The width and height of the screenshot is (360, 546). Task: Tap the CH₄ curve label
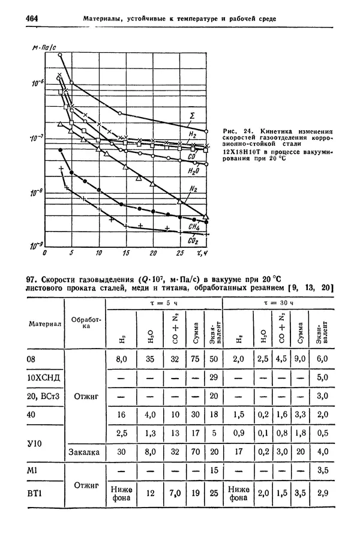193,227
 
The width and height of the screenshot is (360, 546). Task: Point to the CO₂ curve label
193,241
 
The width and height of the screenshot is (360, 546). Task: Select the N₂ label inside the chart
193,189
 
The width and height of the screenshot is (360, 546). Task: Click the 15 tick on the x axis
126,254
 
